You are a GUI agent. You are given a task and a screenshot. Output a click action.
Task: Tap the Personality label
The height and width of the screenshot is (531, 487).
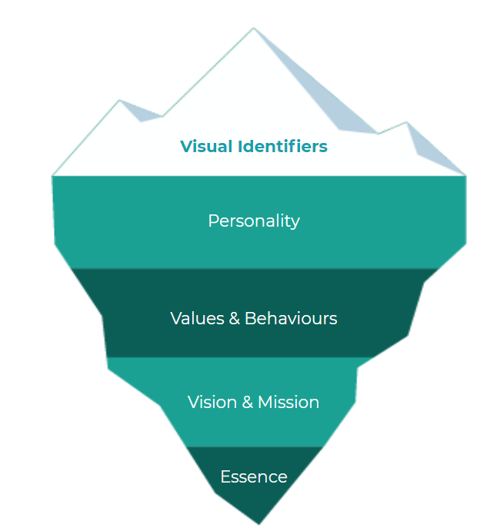point(254,221)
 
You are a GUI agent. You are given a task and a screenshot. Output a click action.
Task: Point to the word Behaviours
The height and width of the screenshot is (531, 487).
point(291,318)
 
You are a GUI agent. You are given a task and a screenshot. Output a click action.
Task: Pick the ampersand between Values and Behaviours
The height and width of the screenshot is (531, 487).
point(235,318)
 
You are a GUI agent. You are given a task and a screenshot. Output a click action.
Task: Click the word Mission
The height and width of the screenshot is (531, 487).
point(289,403)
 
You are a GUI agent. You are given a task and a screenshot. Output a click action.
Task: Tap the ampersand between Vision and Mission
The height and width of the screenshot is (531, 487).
point(246,403)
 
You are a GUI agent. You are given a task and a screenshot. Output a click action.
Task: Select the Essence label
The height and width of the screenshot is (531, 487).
point(254,477)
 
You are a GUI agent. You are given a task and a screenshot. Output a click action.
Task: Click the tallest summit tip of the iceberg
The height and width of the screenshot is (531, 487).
point(253,29)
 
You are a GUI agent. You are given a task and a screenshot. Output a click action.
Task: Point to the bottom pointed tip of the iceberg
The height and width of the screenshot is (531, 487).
point(259,523)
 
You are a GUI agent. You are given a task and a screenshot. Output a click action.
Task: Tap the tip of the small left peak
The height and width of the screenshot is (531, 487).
point(120,101)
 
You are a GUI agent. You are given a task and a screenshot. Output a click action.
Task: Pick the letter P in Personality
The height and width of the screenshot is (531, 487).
point(213,221)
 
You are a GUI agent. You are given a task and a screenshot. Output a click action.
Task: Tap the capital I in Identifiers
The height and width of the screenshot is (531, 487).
point(245,146)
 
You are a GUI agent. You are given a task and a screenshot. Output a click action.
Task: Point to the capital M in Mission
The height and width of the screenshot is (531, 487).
point(265,403)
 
